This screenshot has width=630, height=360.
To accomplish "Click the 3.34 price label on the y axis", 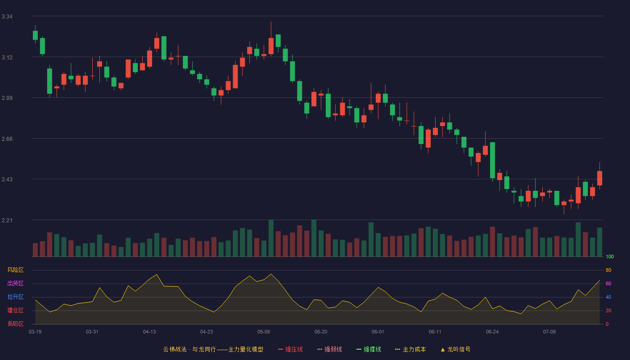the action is tap(7, 17).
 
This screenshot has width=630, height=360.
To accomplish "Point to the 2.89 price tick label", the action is tap(7, 98).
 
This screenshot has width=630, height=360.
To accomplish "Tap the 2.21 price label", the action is tap(7, 220).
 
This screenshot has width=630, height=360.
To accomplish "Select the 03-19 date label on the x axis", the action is tap(35, 332).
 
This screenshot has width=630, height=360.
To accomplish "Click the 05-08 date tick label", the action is tap(264, 332).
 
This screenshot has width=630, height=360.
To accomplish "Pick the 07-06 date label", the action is tap(549, 332).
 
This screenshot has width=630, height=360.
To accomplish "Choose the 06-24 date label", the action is tap(492, 332).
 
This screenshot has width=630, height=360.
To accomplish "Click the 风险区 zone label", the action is tap(15, 270).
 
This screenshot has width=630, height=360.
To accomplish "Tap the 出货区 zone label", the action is tap(15, 283).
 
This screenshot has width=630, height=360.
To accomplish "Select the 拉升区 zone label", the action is tap(15, 297).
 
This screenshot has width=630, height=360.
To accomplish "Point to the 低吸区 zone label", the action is tap(15, 324).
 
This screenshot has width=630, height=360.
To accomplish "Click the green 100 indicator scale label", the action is tap(610, 256).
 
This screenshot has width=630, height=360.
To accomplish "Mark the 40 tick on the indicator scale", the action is tap(608, 297).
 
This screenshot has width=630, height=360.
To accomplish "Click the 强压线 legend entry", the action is tap(290, 349).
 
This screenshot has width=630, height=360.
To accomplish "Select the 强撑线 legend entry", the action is tap(369, 349).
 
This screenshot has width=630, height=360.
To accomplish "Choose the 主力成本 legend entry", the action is tap(410, 349).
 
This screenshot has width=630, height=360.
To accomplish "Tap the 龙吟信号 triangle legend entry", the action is tap(455, 349).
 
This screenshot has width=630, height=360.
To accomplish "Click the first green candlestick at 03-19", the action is tap(35, 35).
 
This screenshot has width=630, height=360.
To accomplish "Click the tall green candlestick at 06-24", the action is tap(492, 160).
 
